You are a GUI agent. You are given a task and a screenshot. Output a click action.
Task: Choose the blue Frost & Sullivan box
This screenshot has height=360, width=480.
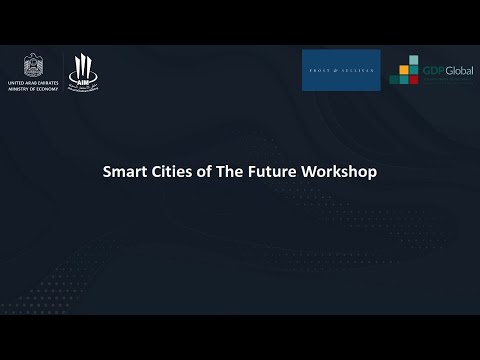click(341, 70)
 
